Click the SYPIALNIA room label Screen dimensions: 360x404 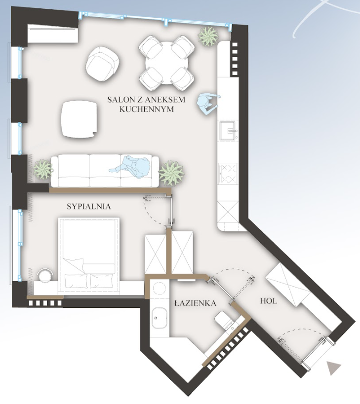tap(89, 206)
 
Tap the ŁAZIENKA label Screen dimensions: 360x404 tap(195, 303)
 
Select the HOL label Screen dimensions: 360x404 tap(269, 301)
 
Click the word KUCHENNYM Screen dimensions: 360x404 tap(147, 109)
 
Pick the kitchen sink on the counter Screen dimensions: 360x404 tap(229, 131)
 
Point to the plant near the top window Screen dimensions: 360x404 tap(208, 37)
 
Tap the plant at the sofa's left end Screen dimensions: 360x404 tap(42, 169)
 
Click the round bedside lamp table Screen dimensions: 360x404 tap(45, 275)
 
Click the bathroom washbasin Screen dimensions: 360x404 tap(160, 319)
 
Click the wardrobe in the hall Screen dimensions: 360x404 tap(288, 284)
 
